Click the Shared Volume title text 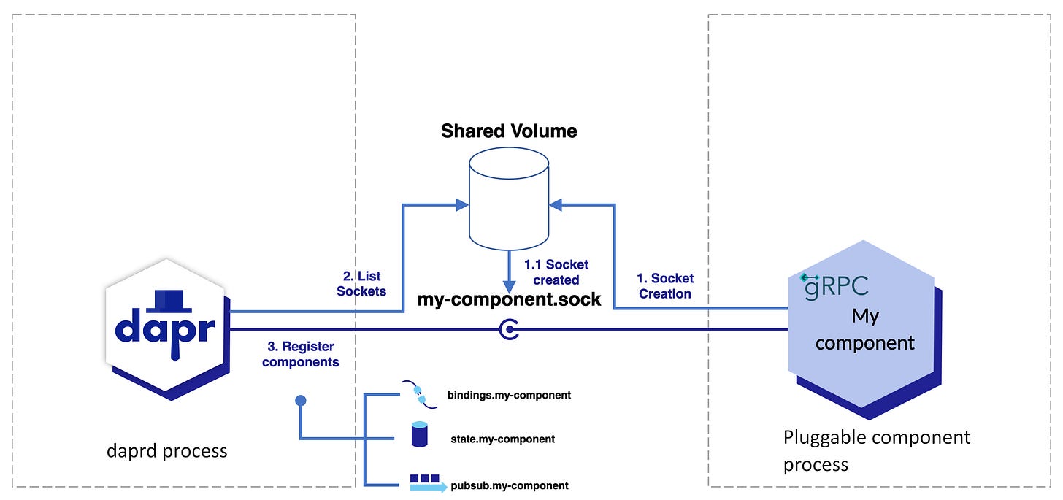509,131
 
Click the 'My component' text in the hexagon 864,329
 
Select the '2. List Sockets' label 361,284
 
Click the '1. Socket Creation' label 664,286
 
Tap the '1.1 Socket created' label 556,272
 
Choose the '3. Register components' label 301,354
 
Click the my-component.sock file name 509,299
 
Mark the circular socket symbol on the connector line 509,331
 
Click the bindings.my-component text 509,395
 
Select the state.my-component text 503,439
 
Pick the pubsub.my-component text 508,485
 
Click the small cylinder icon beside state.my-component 419,434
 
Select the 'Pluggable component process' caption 876,450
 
